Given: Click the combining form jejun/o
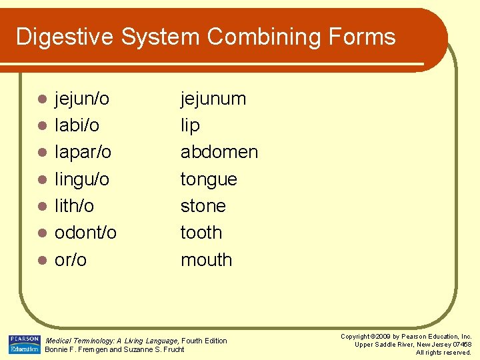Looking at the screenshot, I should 81,99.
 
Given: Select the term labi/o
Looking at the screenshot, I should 77,125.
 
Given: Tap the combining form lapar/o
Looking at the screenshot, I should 83,153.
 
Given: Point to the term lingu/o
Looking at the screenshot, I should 81,179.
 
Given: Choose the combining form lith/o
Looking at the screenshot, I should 74,206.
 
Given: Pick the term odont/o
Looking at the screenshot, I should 85,233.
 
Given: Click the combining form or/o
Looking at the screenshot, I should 71,259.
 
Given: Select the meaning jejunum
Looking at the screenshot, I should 213,99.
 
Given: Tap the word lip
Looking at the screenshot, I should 190,126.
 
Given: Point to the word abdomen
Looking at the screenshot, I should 219,152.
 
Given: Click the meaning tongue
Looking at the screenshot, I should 209,179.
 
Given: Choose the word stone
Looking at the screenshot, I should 203,206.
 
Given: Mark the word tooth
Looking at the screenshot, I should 201,233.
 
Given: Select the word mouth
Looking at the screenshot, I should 206,259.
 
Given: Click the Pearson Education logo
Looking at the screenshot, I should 24,344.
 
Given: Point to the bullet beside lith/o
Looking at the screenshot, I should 41,207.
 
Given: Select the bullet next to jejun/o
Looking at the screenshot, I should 41,100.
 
